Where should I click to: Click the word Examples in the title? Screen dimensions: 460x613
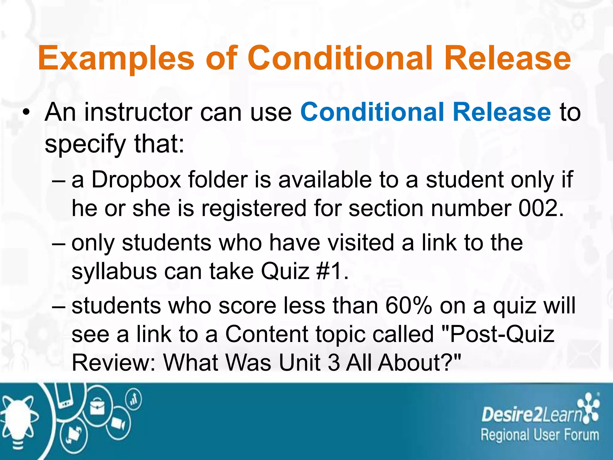(116, 58)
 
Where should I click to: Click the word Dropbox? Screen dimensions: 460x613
(136, 180)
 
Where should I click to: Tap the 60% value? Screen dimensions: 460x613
(408, 305)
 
